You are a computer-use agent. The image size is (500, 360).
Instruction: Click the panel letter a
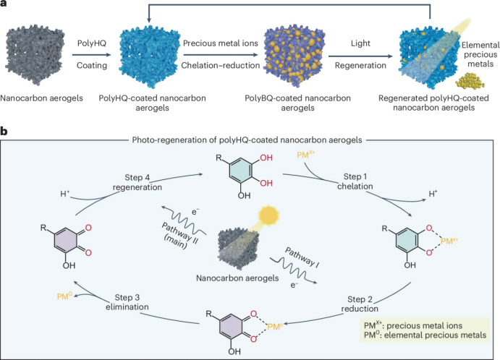point(4,5)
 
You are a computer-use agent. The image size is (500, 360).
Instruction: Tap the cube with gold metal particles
point(300,55)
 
